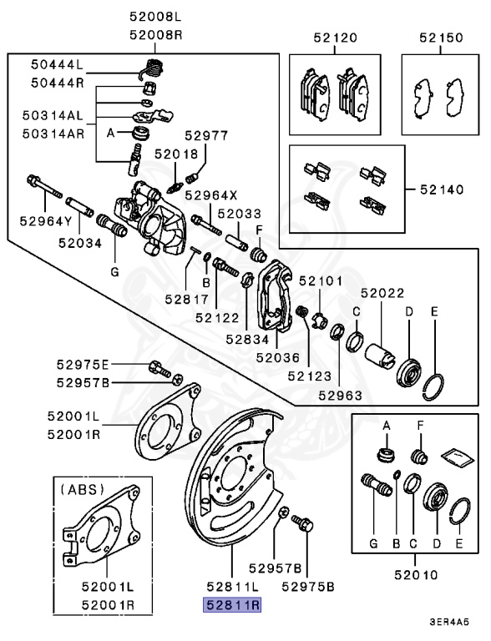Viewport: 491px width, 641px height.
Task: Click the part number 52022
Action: (382, 293)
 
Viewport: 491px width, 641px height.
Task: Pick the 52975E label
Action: (83, 365)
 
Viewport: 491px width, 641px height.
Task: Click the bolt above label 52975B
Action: (303, 524)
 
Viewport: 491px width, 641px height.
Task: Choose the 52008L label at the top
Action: (155, 16)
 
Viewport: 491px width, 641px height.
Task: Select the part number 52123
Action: (310, 376)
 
